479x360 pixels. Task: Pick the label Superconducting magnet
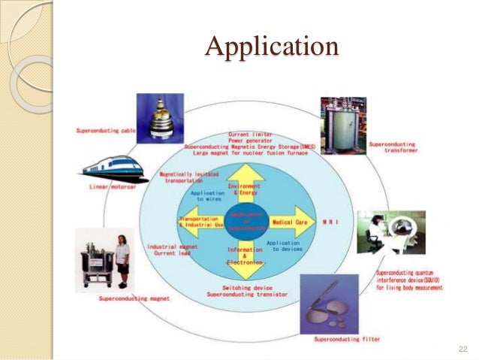click(134, 298)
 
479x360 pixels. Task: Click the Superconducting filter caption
click(349, 340)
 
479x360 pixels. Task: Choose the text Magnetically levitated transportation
click(183, 177)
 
